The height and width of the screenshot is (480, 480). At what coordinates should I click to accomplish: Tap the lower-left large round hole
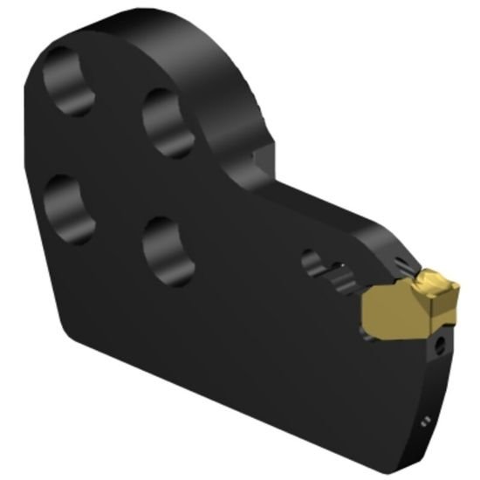69,208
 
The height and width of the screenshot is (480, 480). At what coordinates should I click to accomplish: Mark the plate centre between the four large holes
118,166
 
